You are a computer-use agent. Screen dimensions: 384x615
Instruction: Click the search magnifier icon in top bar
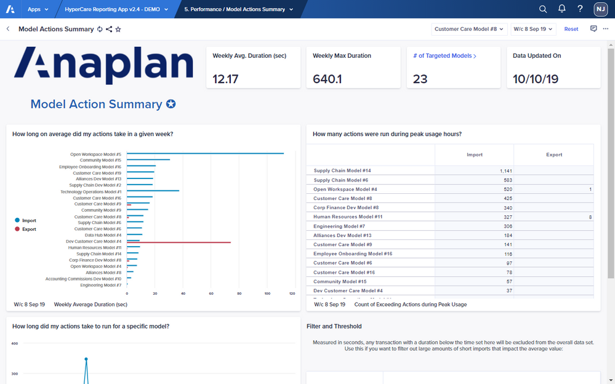543,9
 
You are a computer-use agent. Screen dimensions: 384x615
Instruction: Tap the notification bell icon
561,9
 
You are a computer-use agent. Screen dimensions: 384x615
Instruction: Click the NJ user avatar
600,9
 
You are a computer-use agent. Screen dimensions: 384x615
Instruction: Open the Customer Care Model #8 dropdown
469,29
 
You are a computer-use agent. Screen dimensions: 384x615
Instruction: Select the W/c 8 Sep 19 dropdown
533,29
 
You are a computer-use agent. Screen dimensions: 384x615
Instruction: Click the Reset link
571,29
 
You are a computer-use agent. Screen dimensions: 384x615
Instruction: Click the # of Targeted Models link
445,56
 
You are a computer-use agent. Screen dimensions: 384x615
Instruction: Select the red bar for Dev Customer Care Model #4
185,242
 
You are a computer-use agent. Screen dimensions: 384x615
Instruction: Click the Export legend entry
28,229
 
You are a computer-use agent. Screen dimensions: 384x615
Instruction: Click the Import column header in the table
475,155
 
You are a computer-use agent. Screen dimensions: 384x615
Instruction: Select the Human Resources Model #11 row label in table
348,217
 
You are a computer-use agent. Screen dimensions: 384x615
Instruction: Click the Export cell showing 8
590,217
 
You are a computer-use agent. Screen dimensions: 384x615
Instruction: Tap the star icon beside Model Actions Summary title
118,29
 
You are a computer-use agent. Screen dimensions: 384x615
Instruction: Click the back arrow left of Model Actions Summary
8,29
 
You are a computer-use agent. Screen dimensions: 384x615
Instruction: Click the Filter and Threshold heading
334,327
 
